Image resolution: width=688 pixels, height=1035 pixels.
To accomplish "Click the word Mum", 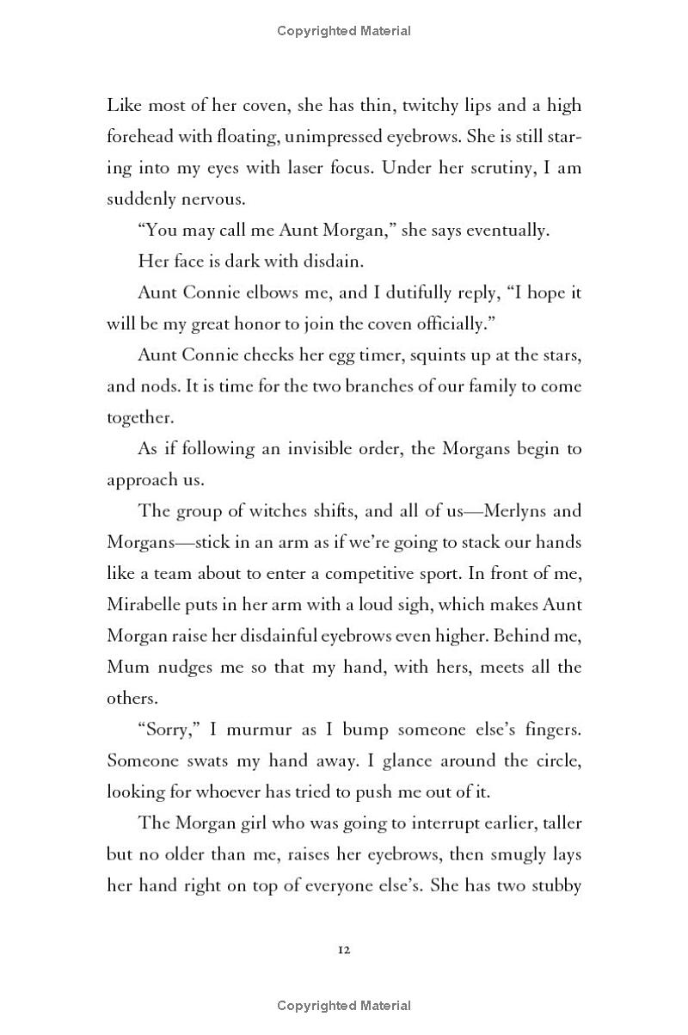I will [125, 667].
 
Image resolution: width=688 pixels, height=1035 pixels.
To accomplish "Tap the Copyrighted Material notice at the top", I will [344, 31].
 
